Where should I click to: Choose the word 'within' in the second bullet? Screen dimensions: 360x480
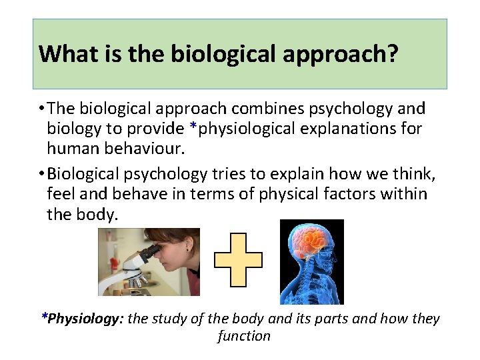click(404, 195)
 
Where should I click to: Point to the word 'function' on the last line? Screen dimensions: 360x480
click(244, 336)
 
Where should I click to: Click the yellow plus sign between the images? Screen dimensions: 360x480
click(238, 259)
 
